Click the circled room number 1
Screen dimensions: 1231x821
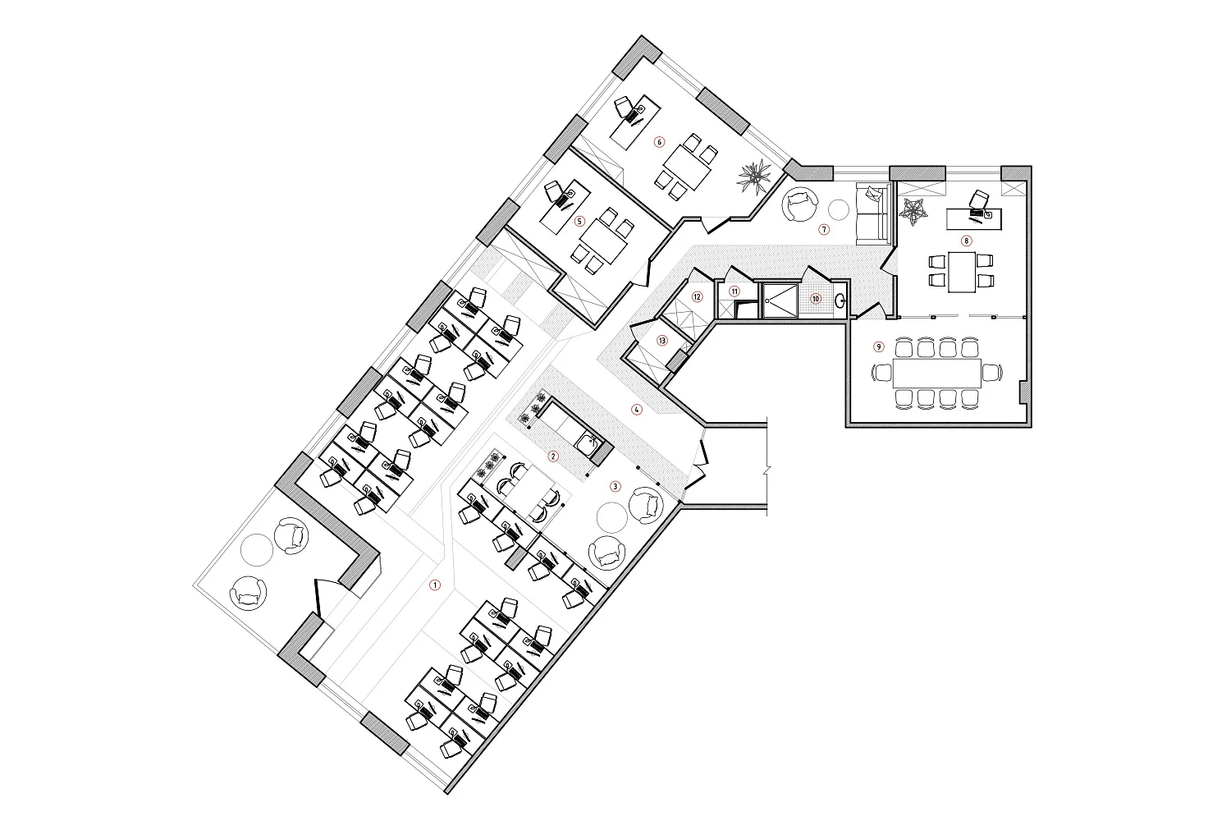[x=435, y=585]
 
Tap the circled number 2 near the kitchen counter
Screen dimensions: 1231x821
[x=553, y=456]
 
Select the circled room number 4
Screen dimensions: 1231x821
[x=636, y=409]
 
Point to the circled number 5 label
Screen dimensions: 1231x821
[x=579, y=221]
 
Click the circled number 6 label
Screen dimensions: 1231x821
[x=660, y=142]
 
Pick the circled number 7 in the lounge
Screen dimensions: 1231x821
[x=823, y=229]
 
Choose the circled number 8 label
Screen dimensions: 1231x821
[x=966, y=241]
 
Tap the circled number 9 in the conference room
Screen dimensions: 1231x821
[x=879, y=346]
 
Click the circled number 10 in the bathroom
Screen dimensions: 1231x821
[x=816, y=299]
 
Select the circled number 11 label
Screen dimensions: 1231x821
[x=734, y=291]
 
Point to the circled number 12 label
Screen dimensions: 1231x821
[x=697, y=297]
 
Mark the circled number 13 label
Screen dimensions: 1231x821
[x=661, y=341]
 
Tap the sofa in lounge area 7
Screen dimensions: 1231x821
[x=872, y=214]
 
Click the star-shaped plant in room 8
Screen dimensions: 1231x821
[x=913, y=212]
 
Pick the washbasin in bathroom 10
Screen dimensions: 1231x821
[x=840, y=300]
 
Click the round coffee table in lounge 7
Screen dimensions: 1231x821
[x=840, y=211]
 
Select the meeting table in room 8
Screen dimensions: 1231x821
[x=962, y=272]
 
